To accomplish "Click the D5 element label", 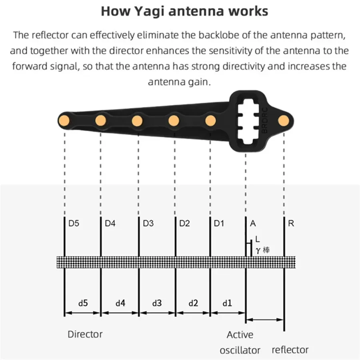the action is [x=74, y=224].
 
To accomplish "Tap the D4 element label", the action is [x=110, y=224].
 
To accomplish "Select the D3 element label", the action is [x=148, y=224].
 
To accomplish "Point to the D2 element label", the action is [x=184, y=224].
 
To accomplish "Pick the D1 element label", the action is [x=219, y=224].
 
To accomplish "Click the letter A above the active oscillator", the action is [x=253, y=224].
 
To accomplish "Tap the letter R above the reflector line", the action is [x=291, y=224].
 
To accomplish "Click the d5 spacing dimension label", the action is [x=83, y=303].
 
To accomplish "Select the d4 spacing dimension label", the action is [x=120, y=303].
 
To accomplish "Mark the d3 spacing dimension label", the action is [x=157, y=303].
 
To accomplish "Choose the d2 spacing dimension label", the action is [x=193, y=303].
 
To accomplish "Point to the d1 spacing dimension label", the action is [x=227, y=303].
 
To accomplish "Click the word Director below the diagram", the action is [x=85, y=334].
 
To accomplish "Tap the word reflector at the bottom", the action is [x=290, y=350].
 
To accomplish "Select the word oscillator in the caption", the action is [x=240, y=350].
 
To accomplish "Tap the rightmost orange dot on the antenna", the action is [x=284, y=120].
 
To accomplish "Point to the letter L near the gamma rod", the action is [x=258, y=240].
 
